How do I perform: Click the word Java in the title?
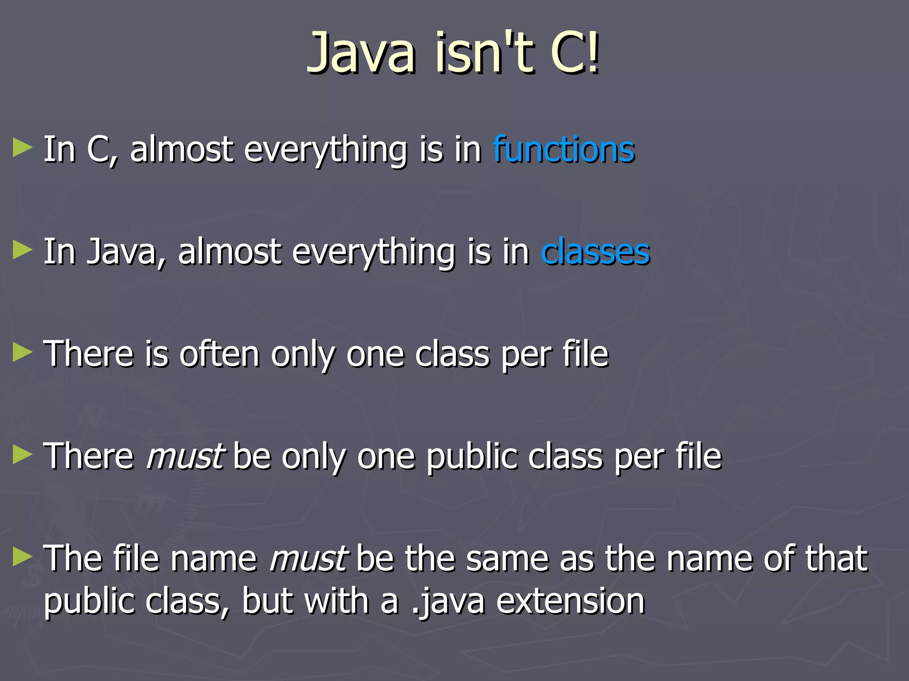tap(362, 53)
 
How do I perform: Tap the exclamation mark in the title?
tap(593, 53)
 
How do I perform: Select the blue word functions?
tap(564, 149)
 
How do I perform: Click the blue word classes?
tap(596, 252)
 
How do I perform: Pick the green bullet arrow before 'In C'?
tap(23, 148)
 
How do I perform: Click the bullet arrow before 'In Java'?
tap(23, 250)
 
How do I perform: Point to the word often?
tap(219, 355)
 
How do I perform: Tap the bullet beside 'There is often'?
tap(23, 353)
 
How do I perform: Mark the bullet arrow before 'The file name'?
tap(23, 557)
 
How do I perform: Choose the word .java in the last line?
tap(448, 602)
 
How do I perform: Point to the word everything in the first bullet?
tap(325, 150)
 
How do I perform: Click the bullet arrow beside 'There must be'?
tap(23, 455)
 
